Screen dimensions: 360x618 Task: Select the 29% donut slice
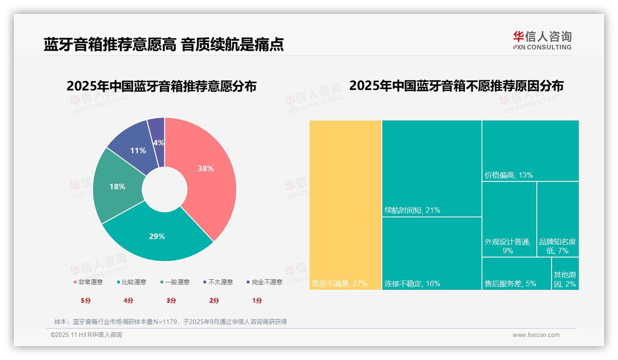(x=157, y=236)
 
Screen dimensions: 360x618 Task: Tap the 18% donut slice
(x=117, y=186)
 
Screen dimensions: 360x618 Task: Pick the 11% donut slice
(x=138, y=150)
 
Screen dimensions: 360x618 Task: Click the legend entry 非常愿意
(x=88, y=282)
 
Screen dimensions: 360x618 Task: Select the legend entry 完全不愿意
(x=265, y=282)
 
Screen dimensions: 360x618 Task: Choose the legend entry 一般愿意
(x=175, y=282)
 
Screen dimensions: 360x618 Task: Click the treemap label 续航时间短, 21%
(x=412, y=210)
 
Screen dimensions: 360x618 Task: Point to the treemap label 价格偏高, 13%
(x=509, y=175)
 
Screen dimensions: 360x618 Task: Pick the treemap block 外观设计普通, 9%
(x=509, y=219)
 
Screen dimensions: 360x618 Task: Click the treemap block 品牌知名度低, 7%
(x=558, y=219)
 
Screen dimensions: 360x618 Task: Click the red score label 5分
(x=86, y=300)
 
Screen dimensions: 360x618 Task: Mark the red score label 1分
(x=257, y=300)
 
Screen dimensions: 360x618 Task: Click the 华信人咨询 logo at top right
(x=542, y=40)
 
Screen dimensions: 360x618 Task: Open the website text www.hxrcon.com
(x=536, y=335)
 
